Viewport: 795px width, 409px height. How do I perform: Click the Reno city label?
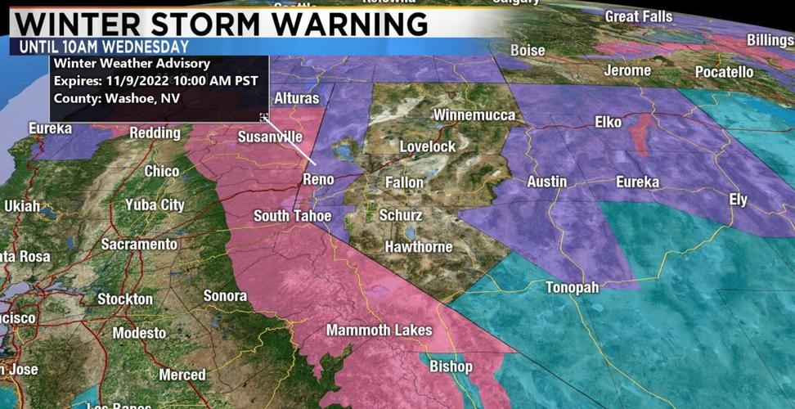coord(319,178)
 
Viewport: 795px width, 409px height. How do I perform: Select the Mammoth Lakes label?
coord(379,330)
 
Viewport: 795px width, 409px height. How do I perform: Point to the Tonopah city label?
coord(573,288)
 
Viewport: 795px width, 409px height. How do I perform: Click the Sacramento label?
coord(139,244)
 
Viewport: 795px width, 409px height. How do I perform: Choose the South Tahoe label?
coord(292,216)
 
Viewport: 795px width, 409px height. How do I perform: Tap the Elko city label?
coord(608,123)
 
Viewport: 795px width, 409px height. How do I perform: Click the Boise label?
coord(528,51)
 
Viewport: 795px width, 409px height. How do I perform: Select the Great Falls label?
coord(639,16)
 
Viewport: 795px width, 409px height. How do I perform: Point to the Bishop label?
coord(451,366)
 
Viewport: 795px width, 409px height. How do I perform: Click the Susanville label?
coord(270,137)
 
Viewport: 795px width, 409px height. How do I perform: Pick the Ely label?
coord(739,200)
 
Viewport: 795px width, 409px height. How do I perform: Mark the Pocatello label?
coord(724,72)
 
